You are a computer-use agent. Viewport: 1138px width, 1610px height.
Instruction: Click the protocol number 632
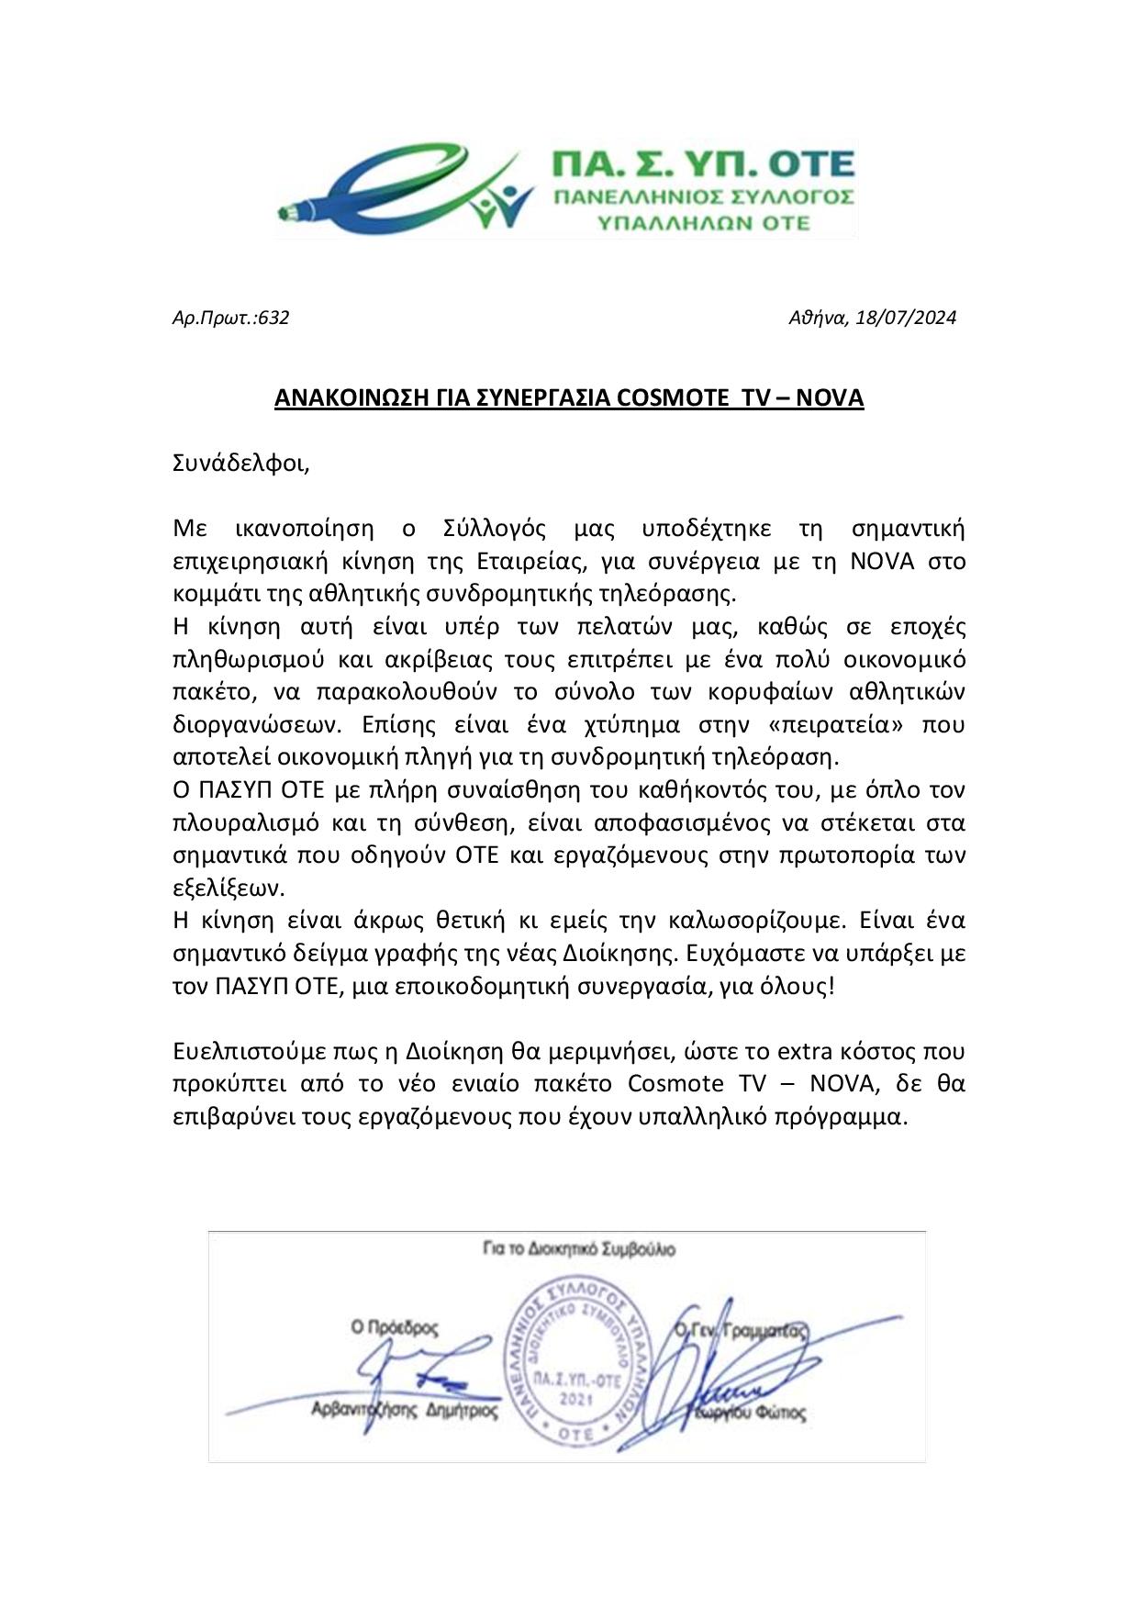pos(274,319)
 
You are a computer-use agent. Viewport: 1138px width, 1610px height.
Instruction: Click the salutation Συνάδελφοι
pos(241,463)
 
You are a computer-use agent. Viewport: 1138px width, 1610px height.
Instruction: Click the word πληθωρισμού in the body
pos(240,660)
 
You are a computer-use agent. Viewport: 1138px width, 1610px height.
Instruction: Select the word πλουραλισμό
pos(241,822)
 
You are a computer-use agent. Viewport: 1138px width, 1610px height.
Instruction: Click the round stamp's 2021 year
pos(575,1399)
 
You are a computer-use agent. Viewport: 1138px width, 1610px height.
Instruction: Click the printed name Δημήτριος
pos(463,1410)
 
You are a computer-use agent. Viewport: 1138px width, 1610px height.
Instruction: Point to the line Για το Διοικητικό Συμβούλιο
pos(579,1249)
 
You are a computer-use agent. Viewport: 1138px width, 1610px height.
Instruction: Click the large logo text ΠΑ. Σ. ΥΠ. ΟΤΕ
pos(702,164)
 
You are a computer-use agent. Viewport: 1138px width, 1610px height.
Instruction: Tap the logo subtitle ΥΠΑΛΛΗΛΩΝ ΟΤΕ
pos(704,222)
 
